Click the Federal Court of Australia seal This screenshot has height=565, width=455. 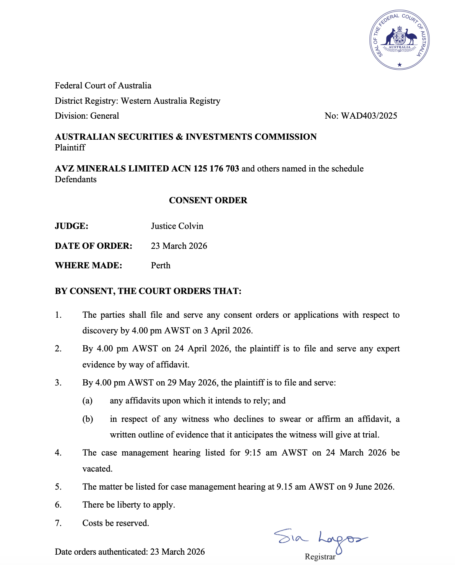[x=400, y=40]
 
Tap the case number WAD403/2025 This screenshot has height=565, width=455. [x=369, y=116]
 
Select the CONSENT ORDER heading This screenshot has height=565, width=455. [x=208, y=200]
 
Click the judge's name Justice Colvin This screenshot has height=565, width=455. [x=177, y=226]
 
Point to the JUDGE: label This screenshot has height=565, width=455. [x=71, y=226]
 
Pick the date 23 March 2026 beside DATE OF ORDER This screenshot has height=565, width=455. [x=179, y=246]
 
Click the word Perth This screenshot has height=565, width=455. [x=161, y=265]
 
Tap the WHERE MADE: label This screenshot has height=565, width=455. [x=88, y=265]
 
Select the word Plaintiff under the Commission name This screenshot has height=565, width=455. [x=70, y=147]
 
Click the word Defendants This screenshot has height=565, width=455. [x=76, y=179]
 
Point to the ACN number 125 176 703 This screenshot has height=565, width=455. [x=216, y=168]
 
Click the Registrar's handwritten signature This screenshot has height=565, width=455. [x=321, y=539]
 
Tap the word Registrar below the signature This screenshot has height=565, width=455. [x=320, y=557]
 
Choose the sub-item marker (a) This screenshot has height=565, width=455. [x=88, y=400]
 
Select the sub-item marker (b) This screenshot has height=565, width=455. [x=88, y=419]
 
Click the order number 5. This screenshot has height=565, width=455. [x=58, y=487]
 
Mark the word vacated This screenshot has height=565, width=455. [x=97, y=469]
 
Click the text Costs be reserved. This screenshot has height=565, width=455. [x=116, y=523]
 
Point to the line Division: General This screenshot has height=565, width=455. [x=87, y=116]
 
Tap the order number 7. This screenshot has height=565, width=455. [x=58, y=523]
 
